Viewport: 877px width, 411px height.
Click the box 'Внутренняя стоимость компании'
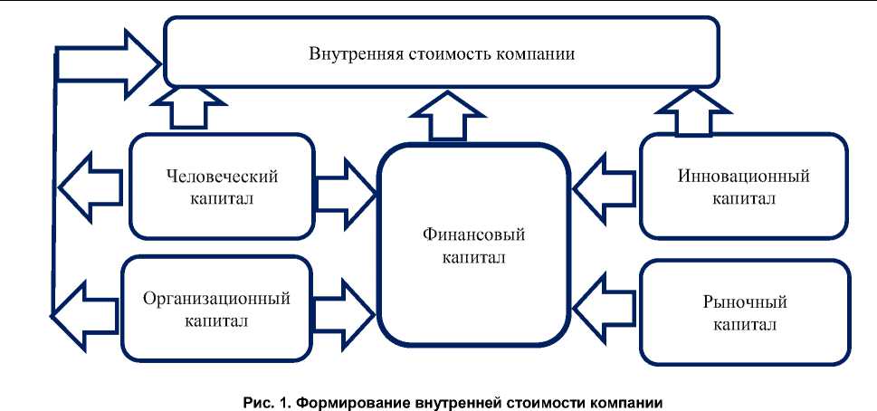pos(442,53)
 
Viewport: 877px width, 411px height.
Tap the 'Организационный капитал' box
pos(216,307)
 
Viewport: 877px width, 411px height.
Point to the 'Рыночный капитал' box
pos(743,310)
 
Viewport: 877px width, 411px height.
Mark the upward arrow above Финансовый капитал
pos(445,119)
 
